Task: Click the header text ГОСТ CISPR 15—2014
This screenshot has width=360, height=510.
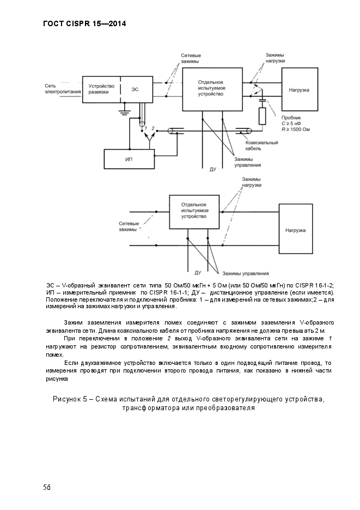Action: (x=84, y=23)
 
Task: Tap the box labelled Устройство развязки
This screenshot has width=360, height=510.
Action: (x=101, y=89)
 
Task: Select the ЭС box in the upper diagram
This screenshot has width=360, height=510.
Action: (x=135, y=89)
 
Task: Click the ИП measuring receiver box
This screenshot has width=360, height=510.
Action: (x=129, y=158)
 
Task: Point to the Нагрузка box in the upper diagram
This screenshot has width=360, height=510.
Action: (x=299, y=89)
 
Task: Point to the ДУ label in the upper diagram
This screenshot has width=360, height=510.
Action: (x=213, y=169)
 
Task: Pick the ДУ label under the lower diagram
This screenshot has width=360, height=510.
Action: (x=198, y=272)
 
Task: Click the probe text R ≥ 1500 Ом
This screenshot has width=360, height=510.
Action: (x=296, y=129)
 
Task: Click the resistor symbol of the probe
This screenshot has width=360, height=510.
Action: (x=262, y=116)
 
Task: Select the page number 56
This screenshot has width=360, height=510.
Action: (x=47, y=487)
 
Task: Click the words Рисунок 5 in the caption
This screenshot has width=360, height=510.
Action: (x=73, y=399)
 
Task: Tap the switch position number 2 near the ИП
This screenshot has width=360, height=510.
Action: (x=154, y=128)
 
